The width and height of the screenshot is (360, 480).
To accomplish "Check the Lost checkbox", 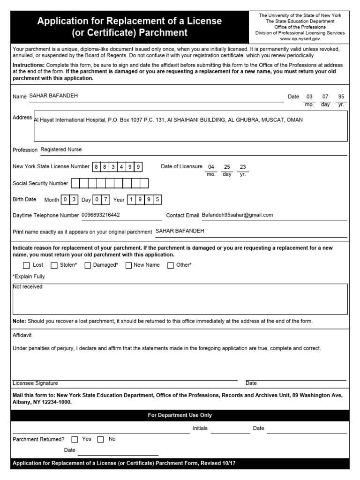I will click(x=26, y=265).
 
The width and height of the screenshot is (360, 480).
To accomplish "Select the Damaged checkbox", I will click(x=88, y=265).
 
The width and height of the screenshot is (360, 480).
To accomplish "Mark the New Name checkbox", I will click(x=129, y=265).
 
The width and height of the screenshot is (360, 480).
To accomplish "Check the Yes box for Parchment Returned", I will click(x=75, y=440).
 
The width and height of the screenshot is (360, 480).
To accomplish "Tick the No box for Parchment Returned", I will click(x=101, y=440).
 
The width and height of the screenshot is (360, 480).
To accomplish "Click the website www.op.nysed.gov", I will click(x=300, y=39).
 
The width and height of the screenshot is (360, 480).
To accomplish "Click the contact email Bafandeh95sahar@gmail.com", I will click(x=237, y=215).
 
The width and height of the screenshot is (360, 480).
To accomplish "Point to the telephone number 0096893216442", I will click(x=100, y=215).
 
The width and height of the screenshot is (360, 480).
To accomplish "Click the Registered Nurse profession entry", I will click(x=61, y=150).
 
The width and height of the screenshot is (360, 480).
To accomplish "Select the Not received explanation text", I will click(x=28, y=287).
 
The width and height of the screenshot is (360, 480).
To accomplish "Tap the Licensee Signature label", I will click(x=35, y=383).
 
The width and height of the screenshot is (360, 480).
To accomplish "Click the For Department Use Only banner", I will click(x=180, y=415).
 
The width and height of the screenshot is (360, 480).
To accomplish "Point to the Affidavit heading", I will click(x=22, y=336).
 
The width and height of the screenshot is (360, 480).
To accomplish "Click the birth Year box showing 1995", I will click(x=145, y=200).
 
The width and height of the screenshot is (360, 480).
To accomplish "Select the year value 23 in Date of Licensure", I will click(x=243, y=167).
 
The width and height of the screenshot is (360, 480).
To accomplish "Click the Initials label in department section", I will click(x=200, y=428).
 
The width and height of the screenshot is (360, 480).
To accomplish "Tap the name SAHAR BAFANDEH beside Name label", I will click(x=53, y=96).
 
